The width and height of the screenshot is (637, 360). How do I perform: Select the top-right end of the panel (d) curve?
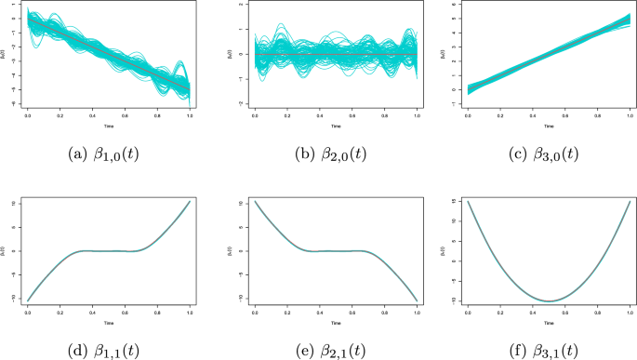[190, 201]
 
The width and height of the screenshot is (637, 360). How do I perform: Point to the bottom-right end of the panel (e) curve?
[416, 300]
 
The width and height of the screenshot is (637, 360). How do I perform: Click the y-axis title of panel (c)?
[458, 56]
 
